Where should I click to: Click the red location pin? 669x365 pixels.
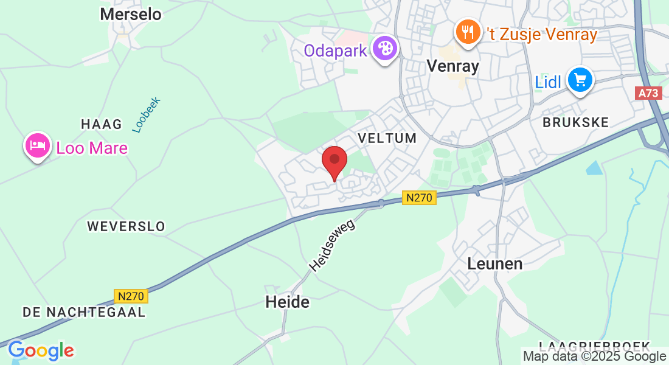334,160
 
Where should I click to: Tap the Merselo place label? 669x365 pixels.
131,14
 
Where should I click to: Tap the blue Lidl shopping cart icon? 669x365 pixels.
580,80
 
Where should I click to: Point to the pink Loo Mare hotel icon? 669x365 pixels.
38,145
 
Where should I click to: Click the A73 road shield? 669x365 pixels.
648,93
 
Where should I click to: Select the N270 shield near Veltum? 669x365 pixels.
419,198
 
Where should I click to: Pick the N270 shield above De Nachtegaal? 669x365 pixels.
131,296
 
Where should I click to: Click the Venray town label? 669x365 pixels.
453,66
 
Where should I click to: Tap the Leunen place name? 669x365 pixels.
495,263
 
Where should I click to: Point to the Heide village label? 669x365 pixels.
288,302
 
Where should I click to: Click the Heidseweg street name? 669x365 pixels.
331,245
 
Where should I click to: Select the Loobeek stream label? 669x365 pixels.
146,114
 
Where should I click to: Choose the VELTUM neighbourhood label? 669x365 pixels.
387,138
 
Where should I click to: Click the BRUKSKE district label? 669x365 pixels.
575,122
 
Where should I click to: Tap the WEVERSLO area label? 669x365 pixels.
126,226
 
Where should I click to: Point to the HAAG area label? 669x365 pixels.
102,124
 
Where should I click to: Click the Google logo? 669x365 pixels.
41,351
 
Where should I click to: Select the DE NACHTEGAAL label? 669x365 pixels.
84,312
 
